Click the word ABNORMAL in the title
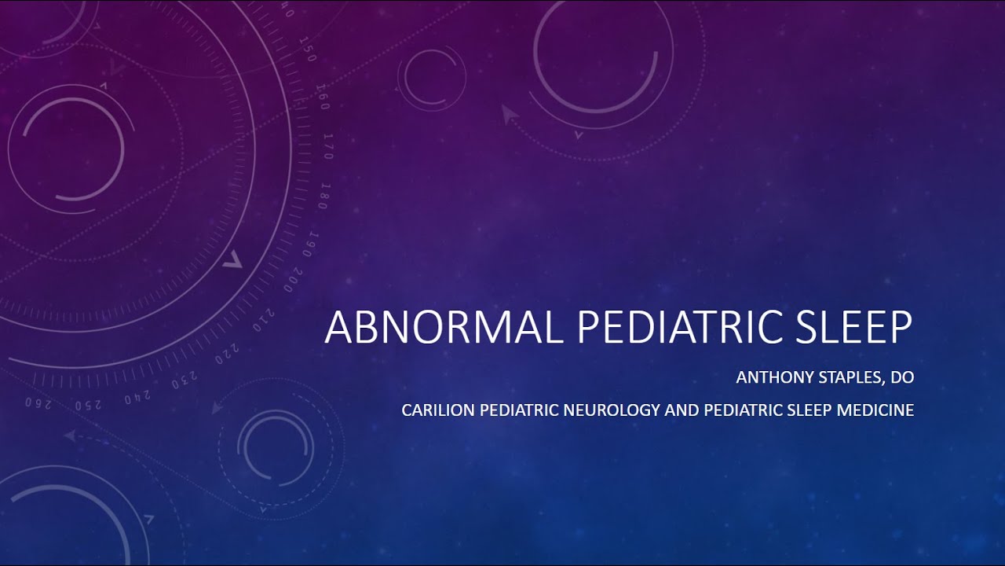coord(444,327)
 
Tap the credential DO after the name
coord(903,378)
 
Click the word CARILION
coord(437,410)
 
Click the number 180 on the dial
coord(323,196)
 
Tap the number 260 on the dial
coord(38,404)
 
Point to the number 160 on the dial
coord(322,97)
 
